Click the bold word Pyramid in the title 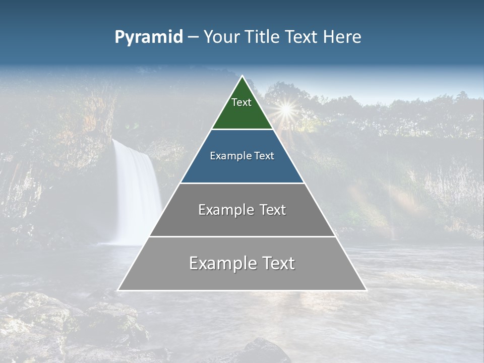pyautogui.click(x=149, y=37)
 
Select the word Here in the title pyautogui.click(x=342, y=37)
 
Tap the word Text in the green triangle pyautogui.click(x=241, y=102)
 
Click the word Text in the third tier pyautogui.click(x=269, y=210)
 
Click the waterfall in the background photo pyautogui.click(x=135, y=192)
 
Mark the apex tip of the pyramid pyautogui.click(x=243, y=77)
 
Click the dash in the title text pyautogui.click(x=193, y=37)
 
